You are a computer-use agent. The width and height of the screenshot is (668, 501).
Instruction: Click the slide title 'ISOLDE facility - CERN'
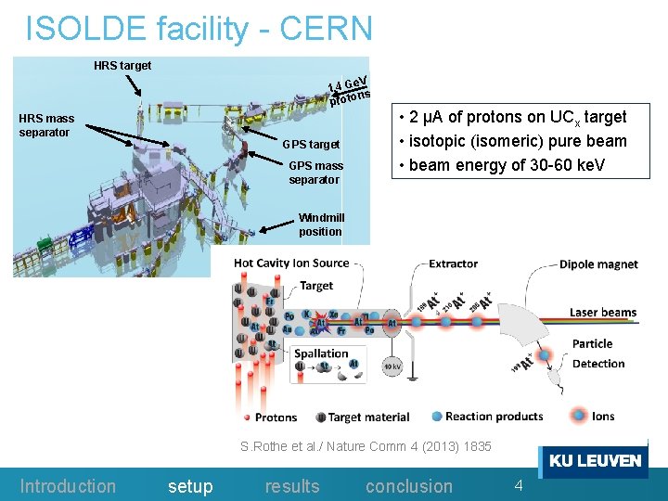click(x=199, y=29)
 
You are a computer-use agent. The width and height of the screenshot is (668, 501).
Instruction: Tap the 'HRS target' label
click(x=122, y=66)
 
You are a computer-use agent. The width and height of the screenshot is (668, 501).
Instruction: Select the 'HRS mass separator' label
click(x=46, y=125)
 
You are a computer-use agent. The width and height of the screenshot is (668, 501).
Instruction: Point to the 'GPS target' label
click(x=311, y=145)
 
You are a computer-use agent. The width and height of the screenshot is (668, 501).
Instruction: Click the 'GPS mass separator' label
click(x=315, y=173)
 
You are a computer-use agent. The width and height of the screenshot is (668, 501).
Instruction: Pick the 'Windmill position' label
click(x=321, y=225)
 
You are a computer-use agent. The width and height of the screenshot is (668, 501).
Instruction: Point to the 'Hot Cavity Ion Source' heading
click(x=291, y=263)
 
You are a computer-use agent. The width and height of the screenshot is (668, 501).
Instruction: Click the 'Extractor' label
click(x=453, y=263)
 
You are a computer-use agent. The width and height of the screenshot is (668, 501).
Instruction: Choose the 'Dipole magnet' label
click(x=598, y=264)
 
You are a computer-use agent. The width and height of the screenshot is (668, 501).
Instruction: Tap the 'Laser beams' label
click(x=603, y=313)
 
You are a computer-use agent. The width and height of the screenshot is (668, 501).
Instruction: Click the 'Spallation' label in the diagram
click(x=321, y=353)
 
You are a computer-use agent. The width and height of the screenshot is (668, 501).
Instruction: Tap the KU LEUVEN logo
click(x=595, y=461)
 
